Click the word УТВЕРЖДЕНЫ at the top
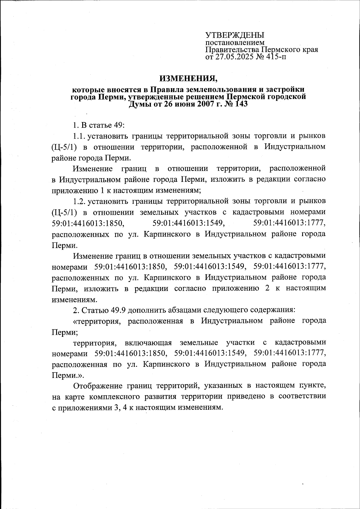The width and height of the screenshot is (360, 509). click(x=235, y=35)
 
